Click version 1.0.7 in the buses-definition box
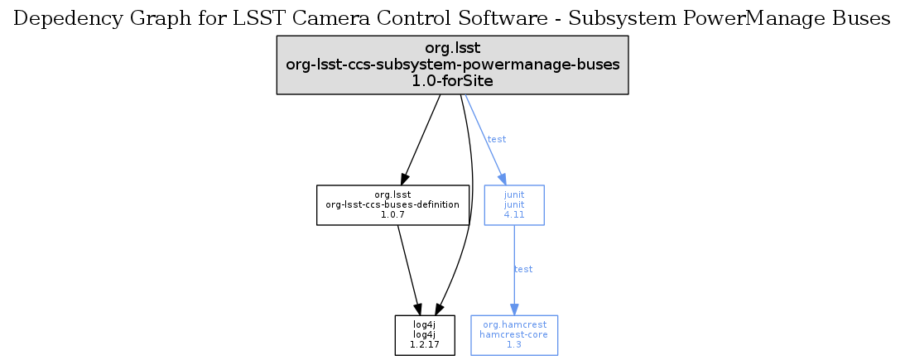392,214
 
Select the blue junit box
513,204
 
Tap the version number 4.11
513,214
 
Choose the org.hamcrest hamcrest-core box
514,335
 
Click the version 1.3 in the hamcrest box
514,345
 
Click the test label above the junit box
496,139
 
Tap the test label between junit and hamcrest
523,269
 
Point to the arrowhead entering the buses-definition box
404,178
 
